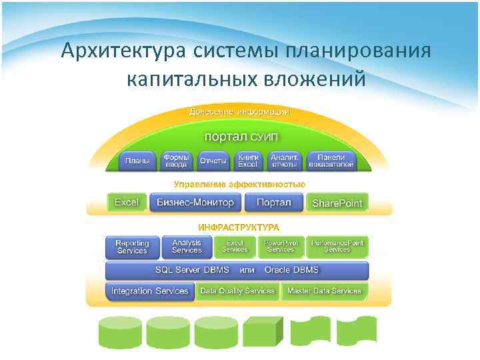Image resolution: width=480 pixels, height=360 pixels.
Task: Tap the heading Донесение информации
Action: coord(238,111)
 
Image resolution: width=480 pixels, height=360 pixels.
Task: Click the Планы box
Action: coord(137,161)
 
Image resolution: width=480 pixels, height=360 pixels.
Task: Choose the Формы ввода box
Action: coord(176,160)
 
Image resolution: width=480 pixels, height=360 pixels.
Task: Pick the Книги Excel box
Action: coord(247,160)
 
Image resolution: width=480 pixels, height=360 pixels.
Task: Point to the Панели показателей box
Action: coord(331,160)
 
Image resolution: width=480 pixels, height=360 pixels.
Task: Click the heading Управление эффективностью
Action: coord(239,184)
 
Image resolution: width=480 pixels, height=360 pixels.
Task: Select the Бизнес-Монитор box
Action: coord(195,202)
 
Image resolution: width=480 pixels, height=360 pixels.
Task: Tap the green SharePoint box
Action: coord(337,203)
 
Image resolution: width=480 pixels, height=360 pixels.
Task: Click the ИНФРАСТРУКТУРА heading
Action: coord(239,227)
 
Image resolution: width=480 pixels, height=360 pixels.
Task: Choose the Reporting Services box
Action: coord(132,247)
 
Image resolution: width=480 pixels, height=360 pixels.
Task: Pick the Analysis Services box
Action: coord(187,247)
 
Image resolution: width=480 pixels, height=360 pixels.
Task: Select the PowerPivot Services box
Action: coord(281,247)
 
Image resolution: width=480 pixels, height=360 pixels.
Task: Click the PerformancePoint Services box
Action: coord(337,247)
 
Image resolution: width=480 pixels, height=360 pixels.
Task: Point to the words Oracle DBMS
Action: coord(291,270)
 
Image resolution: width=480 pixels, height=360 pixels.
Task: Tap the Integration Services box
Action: coord(150,291)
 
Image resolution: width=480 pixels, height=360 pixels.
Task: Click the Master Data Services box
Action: coord(325,291)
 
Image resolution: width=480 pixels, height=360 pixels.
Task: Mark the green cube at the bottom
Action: coord(265,329)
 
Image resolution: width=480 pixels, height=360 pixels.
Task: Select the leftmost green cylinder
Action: coord(120,331)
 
